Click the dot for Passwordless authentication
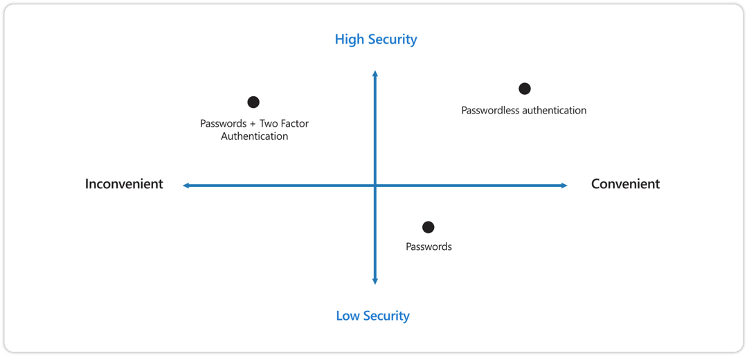click(x=525, y=89)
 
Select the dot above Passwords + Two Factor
click(x=253, y=102)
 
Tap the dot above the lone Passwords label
click(x=428, y=227)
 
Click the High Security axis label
click(x=376, y=39)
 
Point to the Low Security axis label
click(x=373, y=316)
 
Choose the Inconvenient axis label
click(x=124, y=184)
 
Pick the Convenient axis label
click(x=626, y=184)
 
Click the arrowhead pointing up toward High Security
click(x=375, y=73)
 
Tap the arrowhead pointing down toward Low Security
click(x=375, y=281)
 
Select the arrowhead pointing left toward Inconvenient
click(x=186, y=186)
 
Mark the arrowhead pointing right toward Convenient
click(x=564, y=186)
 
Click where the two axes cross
click(x=375, y=186)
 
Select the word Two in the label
click(x=268, y=124)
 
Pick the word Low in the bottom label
click(x=348, y=316)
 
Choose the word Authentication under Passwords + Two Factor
click(x=255, y=136)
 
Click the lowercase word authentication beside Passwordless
click(x=554, y=110)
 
